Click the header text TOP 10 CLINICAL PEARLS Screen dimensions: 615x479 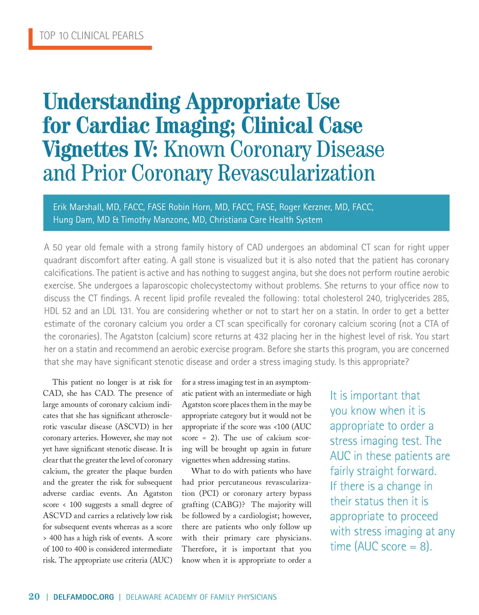coord(91,36)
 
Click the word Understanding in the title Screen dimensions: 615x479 coord(112,102)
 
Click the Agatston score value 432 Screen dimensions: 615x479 coord(261,337)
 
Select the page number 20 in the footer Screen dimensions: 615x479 coord(34,596)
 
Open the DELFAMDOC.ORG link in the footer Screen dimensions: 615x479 coord(84,597)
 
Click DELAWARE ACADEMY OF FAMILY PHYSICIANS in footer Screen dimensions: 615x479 coord(201,597)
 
